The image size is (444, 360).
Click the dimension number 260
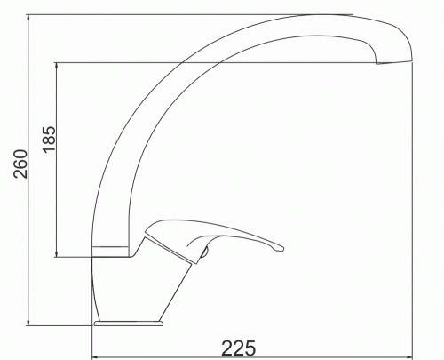coord(20,164)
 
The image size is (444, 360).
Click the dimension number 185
coord(49,140)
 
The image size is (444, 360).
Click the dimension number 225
coord(239,348)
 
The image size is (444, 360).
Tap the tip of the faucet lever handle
coord(282,249)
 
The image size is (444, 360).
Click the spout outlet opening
coord(394,63)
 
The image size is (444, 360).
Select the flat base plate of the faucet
coord(129,324)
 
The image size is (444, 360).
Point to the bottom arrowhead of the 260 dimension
coord(28,323)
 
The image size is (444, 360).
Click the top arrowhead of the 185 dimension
coord(56,66)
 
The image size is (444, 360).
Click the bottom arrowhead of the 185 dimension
coord(56,253)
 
